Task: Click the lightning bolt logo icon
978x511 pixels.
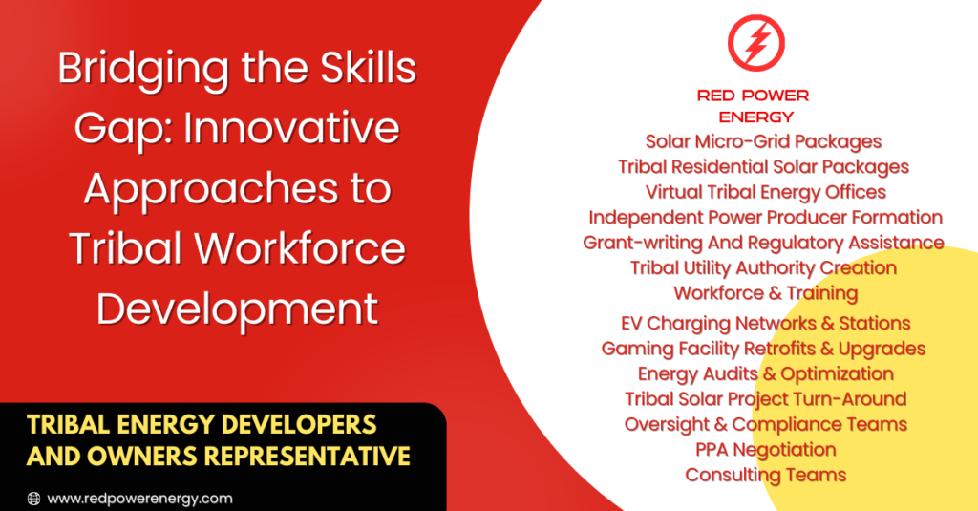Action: coord(756,43)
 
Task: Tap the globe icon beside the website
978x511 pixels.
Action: coord(33,499)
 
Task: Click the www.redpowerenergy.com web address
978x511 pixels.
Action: coord(139,499)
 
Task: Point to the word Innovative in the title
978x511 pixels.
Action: coord(291,128)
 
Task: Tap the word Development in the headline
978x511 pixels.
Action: coord(238,309)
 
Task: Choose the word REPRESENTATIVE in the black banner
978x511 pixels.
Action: coord(308,457)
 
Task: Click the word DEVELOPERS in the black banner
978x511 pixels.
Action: coord(299,425)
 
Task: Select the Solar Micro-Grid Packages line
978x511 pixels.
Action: coord(763,141)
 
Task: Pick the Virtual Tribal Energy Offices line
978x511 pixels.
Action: coord(765,192)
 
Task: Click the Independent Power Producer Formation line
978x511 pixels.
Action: coord(765,217)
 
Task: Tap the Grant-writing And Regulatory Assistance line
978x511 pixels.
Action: coord(763,243)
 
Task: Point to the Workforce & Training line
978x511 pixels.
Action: coord(765,293)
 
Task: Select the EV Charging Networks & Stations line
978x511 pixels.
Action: coord(765,323)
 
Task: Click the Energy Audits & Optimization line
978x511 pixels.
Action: coord(765,373)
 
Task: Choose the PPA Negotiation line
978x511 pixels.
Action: coord(765,449)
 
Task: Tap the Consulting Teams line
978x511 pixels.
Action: coord(765,475)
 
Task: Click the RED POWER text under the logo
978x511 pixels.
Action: coord(753,96)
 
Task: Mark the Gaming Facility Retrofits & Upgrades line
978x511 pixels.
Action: coord(763,349)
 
